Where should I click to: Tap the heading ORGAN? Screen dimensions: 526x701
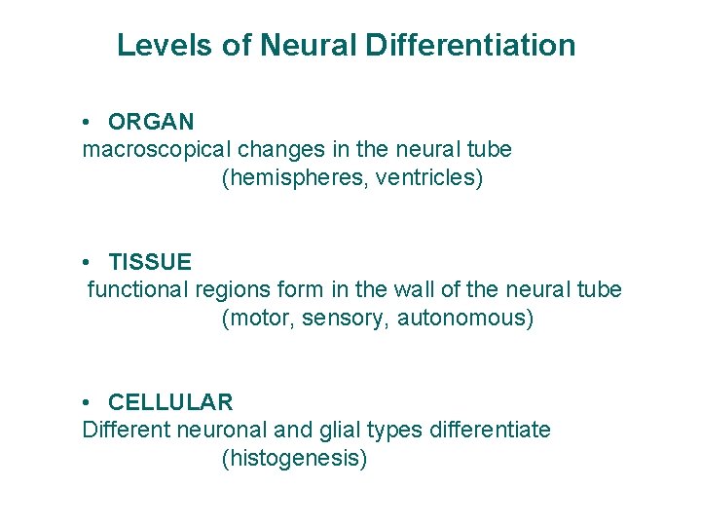coord(151,122)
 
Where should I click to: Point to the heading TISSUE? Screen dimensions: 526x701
coord(150,262)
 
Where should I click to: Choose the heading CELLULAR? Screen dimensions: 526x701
coord(170,402)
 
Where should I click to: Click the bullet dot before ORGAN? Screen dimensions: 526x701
coord(88,123)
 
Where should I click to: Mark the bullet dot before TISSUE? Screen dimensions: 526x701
coord(88,263)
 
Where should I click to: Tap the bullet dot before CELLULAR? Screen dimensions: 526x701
coord(88,403)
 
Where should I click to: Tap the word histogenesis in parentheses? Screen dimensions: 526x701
coord(295,458)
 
